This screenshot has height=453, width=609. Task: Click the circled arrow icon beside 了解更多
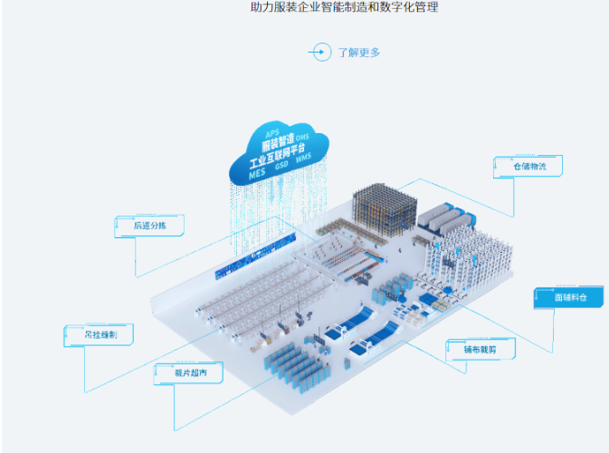click(319, 52)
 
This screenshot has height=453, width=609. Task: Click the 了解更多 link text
click(359, 53)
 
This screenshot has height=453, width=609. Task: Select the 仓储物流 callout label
click(529, 167)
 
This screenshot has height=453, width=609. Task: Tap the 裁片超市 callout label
click(186, 371)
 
